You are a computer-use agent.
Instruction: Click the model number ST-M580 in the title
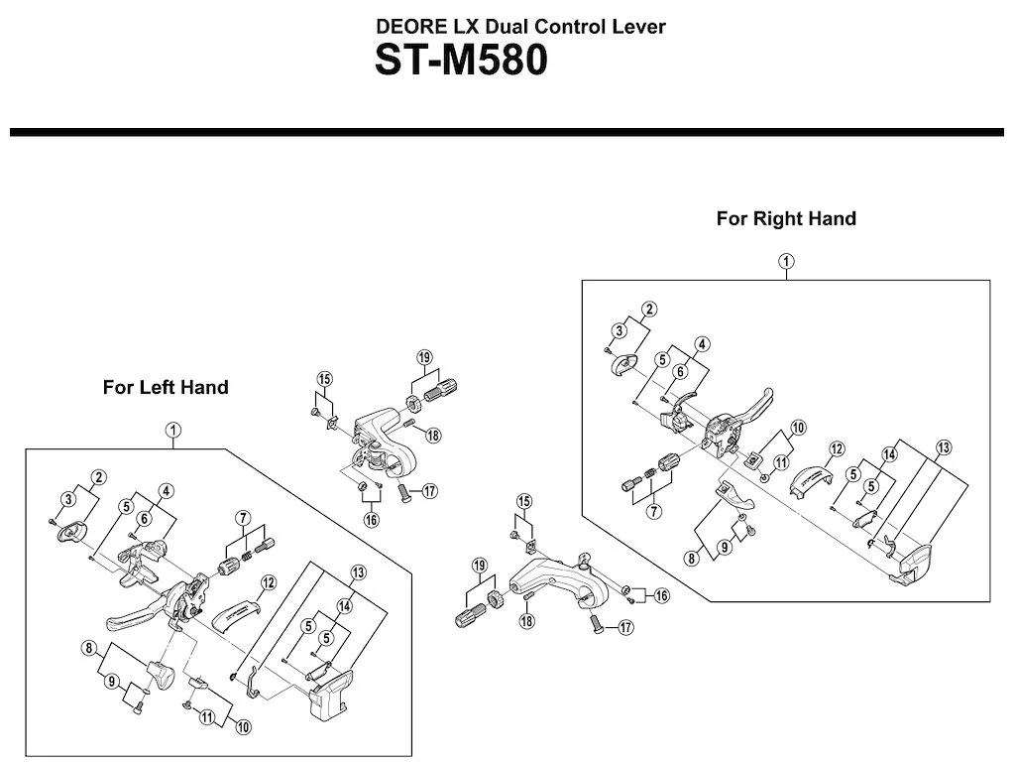tap(461, 61)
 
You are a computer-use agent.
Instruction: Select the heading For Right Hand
tap(786, 218)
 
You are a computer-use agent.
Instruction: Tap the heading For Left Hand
tap(166, 388)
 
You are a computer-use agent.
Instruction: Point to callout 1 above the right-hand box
tap(786, 262)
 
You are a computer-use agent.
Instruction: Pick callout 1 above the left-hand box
tap(172, 431)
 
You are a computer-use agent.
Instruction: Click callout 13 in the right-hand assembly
tap(944, 447)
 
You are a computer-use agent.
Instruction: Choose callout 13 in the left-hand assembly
tap(358, 572)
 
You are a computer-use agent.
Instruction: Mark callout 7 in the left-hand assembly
tap(243, 518)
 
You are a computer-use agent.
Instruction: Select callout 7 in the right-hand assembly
tap(654, 511)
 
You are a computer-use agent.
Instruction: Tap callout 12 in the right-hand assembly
tap(837, 449)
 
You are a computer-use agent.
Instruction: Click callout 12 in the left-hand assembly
tap(268, 582)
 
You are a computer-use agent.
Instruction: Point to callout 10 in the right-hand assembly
tap(798, 428)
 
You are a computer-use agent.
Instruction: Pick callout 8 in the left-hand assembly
tap(89, 648)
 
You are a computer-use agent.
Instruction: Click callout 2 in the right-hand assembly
tap(649, 310)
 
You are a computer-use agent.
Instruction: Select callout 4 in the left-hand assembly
tap(166, 491)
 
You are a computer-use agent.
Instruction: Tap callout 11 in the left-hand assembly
tap(206, 717)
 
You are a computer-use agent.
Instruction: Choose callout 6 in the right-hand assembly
tap(680, 371)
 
